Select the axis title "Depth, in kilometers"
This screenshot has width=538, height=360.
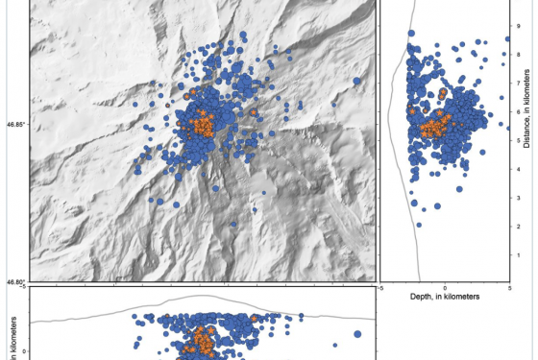[x=444, y=298]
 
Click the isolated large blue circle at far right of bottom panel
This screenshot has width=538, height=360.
[x=357, y=334]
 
